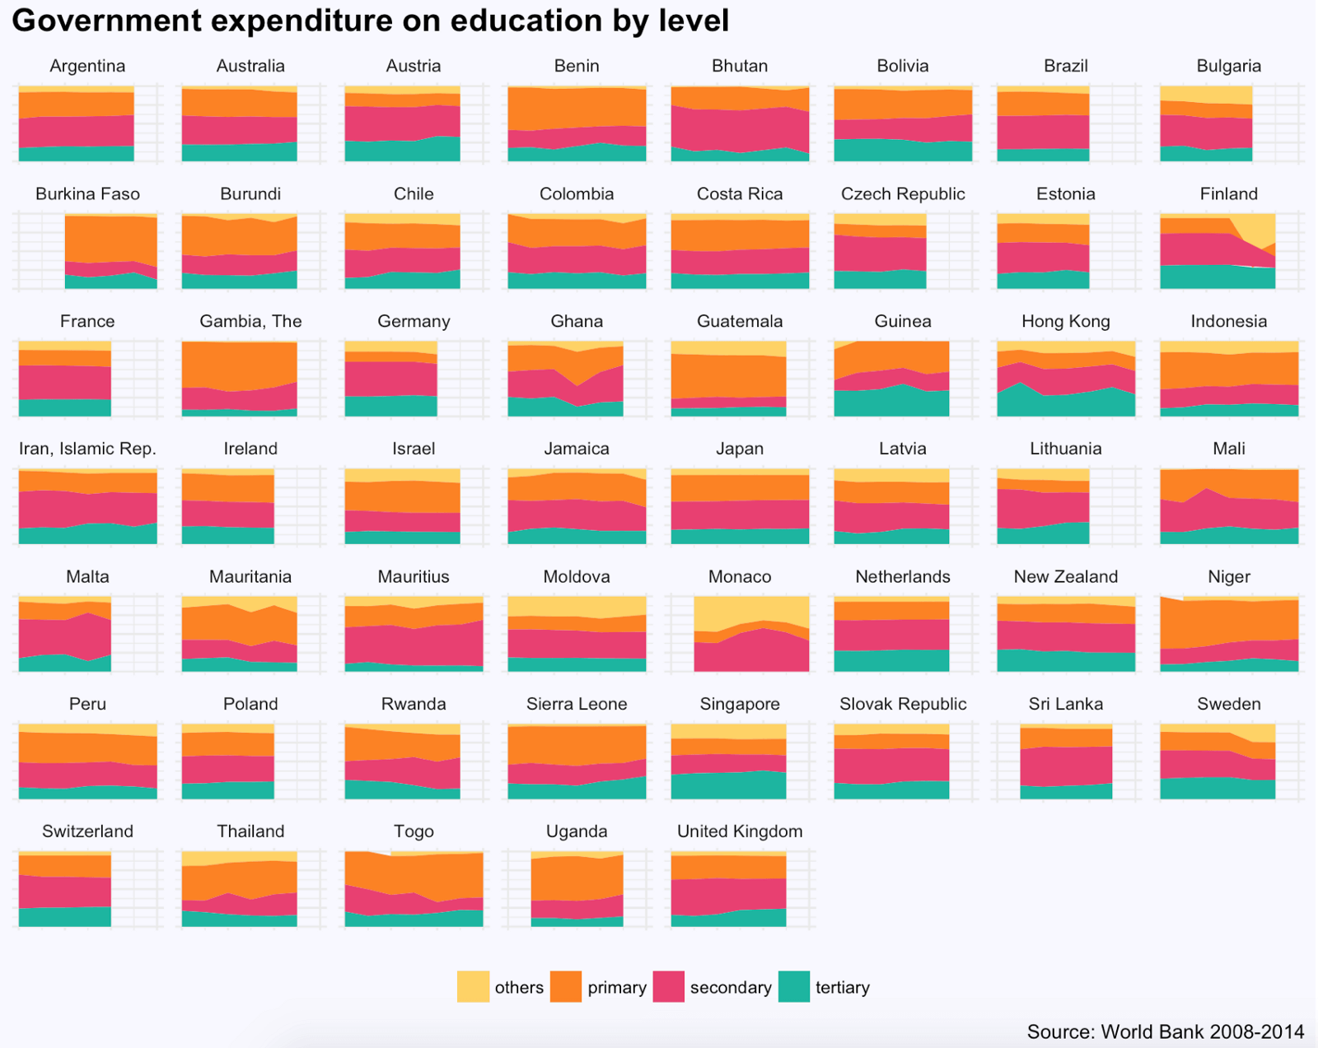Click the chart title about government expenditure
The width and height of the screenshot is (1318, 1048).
point(370,21)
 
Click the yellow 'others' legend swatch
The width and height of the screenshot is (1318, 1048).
point(473,986)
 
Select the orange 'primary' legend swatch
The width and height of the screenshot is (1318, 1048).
point(565,986)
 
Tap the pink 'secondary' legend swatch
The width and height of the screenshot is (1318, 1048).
point(668,986)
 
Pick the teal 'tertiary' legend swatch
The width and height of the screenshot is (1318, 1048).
point(794,986)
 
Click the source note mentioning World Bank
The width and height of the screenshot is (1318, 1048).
point(1165,1032)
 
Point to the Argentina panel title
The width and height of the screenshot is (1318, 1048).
point(87,66)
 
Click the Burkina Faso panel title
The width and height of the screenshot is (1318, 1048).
point(87,193)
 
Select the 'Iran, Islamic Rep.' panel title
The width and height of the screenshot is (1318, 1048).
point(87,449)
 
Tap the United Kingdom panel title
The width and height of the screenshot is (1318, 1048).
point(740,831)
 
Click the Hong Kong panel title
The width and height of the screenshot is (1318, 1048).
point(1066,321)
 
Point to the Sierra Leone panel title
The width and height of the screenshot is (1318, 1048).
point(577,704)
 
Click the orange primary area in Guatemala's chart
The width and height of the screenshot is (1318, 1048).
point(729,376)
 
